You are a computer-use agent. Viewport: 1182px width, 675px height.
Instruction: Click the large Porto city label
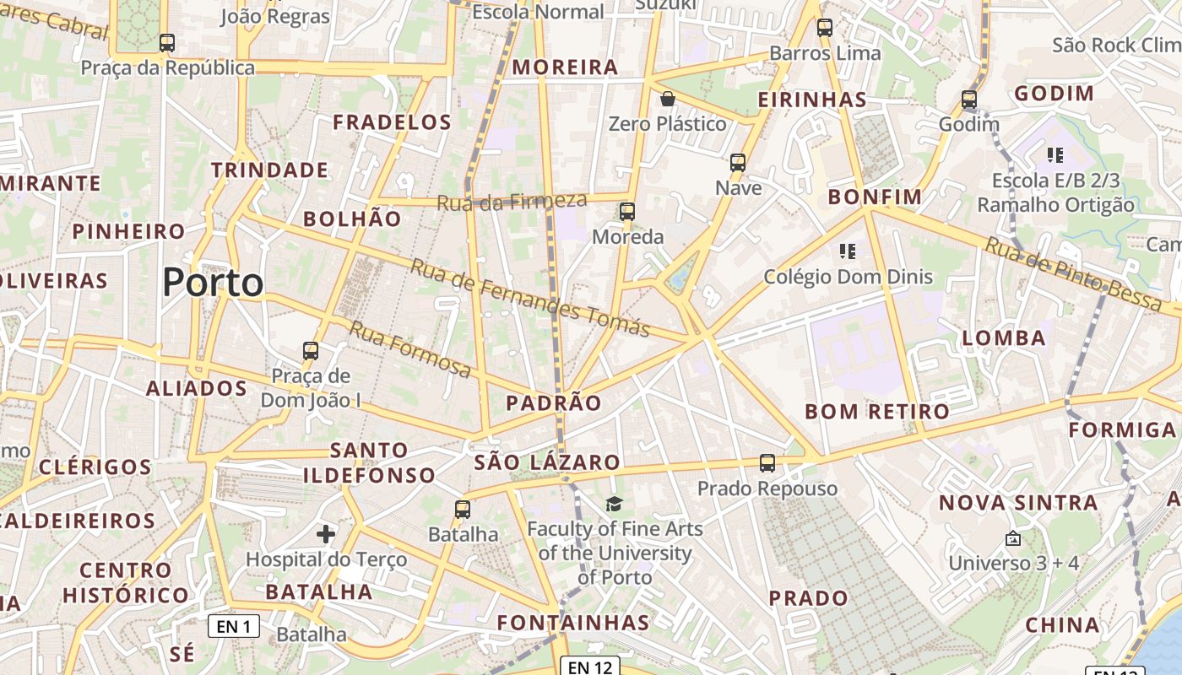213,282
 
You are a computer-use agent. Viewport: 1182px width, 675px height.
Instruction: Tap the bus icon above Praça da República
167,42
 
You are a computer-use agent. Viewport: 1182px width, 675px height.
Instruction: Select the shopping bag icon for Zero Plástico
668,99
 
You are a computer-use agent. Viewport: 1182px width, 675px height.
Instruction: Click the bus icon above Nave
738,163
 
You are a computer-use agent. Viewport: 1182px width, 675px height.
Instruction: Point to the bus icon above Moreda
627,212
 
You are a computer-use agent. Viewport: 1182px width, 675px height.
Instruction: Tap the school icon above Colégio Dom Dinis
848,251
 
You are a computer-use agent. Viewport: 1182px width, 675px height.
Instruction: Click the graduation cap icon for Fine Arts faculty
614,505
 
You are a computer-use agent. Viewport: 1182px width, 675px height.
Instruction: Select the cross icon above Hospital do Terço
326,533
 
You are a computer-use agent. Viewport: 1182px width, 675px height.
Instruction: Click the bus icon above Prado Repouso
767,462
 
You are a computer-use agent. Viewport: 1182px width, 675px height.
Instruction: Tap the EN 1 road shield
234,626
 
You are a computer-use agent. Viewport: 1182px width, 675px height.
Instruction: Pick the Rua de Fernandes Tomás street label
530,298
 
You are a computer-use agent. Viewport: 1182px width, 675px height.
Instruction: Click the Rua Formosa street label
410,349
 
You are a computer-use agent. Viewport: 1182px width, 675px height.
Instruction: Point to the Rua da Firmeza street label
512,202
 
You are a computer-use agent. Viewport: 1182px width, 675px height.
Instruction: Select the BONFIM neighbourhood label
875,197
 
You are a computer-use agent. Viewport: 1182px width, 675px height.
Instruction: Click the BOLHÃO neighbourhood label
352,219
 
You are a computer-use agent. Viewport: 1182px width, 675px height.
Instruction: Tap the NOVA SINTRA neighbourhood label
1019,503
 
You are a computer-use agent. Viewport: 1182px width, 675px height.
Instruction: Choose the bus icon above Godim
969,100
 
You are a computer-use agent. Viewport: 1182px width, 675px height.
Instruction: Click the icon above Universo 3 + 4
1013,537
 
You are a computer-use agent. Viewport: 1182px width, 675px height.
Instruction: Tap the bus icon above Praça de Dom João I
311,350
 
